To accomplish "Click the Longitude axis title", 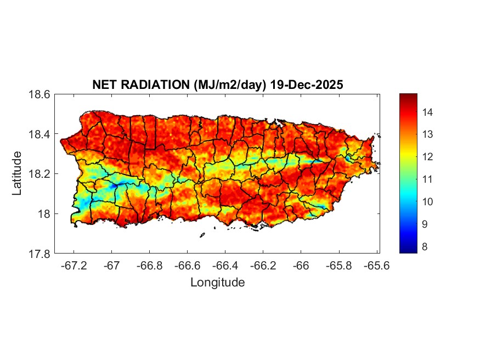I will coord(217,283).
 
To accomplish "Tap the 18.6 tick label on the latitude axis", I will coord(39,94).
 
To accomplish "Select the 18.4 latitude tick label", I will coord(39,134).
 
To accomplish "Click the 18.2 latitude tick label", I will coord(39,174).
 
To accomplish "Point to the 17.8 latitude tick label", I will coord(39,254).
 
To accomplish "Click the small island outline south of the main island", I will coord(202,235).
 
